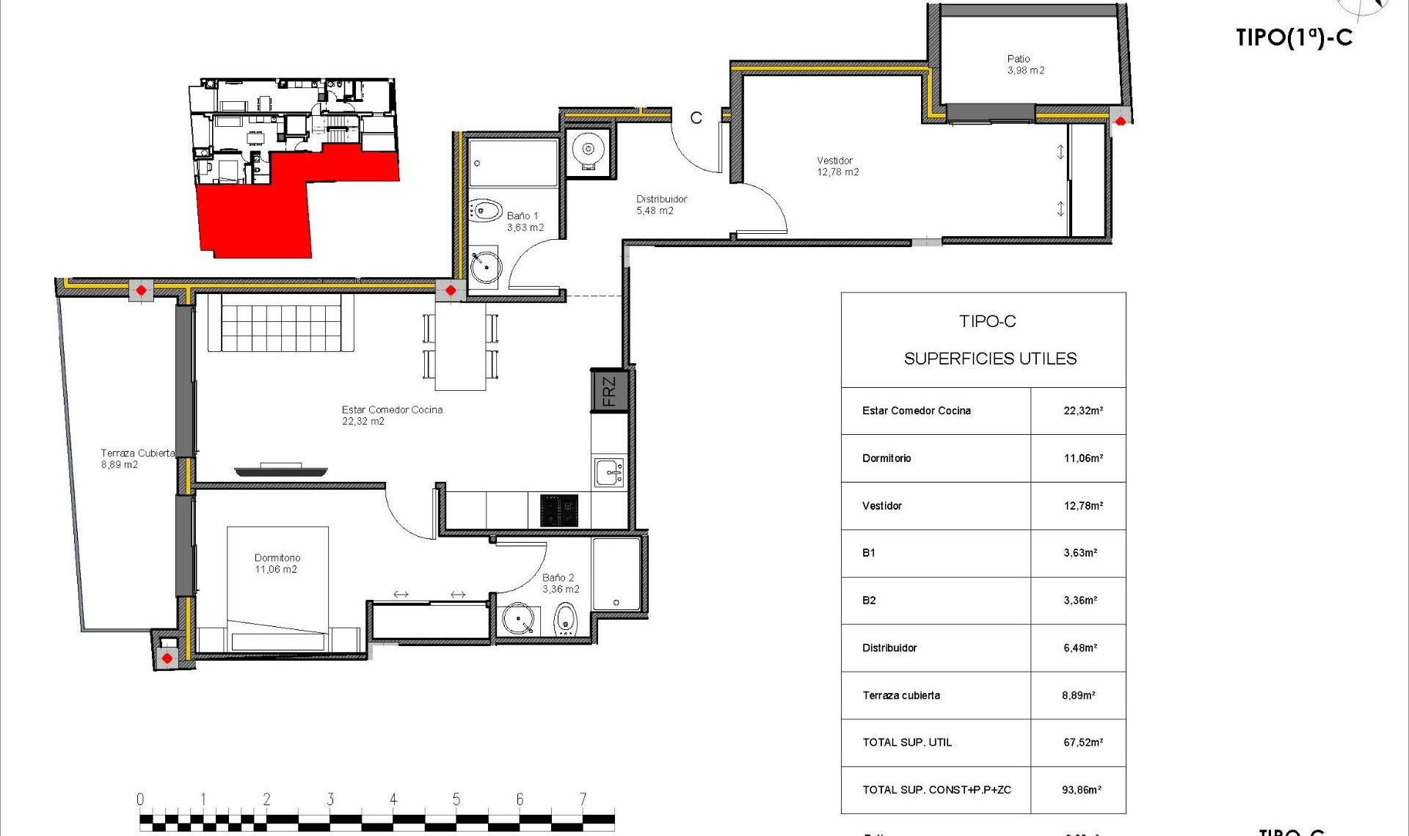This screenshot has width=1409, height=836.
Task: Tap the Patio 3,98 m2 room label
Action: coord(1025,65)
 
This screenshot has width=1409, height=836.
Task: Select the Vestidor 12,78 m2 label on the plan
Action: coord(837,166)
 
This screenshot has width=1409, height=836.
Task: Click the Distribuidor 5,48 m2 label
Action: coord(660,205)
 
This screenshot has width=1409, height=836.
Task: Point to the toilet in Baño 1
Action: coord(484,210)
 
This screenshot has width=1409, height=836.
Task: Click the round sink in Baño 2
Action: coord(518,619)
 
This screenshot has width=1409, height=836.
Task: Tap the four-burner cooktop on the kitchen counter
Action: coord(559,510)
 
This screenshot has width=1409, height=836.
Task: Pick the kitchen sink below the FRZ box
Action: coord(609,473)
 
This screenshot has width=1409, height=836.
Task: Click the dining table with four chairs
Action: coord(460,346)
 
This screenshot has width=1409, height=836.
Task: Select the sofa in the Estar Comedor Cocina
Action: coord(281,323)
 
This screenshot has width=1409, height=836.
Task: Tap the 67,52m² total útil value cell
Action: coord(1082,743)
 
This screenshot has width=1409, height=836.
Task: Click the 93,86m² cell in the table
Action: coord(1081,790)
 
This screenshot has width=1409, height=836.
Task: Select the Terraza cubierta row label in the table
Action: coord(900,695)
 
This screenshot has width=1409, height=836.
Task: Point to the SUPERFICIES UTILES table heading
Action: coord(989,359)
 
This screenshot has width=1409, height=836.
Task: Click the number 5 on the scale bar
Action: coord(456,799)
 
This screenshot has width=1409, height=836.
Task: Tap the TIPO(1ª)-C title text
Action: coord(1293,38)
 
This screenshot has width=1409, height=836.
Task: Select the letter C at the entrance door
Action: coord(696,117)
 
